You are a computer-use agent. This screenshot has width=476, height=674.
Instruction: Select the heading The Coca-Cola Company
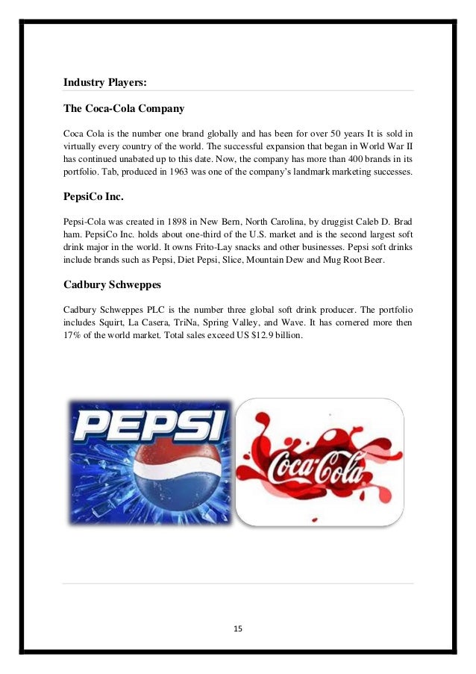(124, 109)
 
